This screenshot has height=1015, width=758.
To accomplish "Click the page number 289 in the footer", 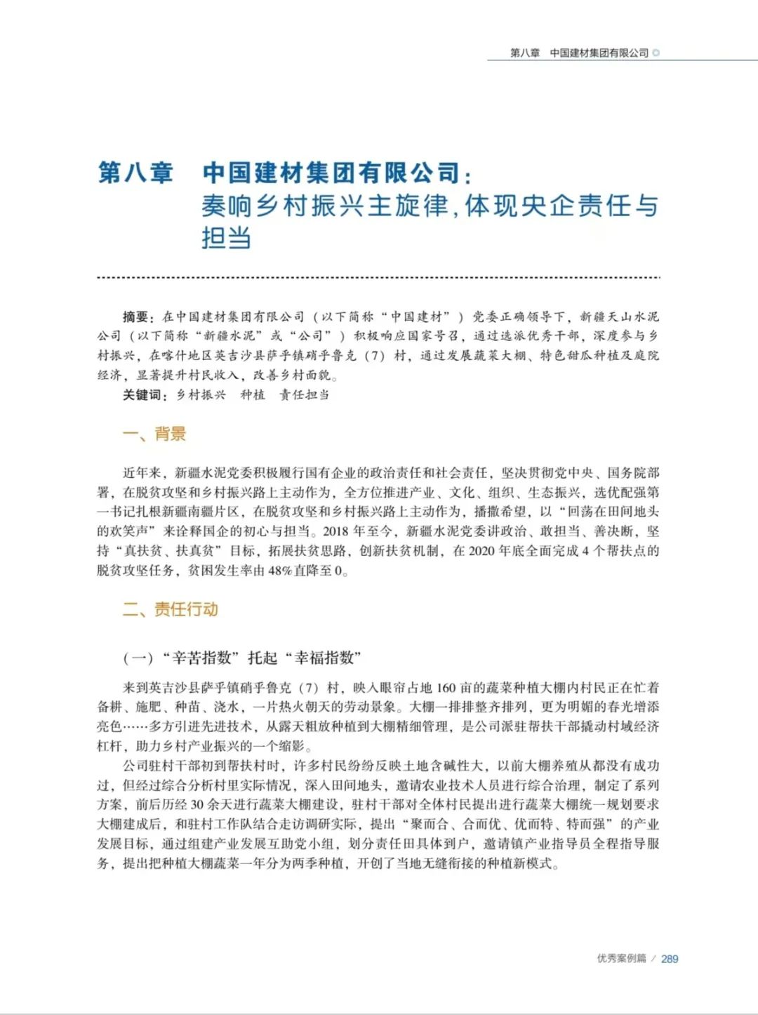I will pyautogui.click(x=670, y=959).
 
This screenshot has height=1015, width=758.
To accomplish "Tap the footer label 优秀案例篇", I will pyautogui.click(x=621, y=959).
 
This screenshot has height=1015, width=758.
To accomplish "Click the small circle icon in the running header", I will pyautogui.click(x=656, y=53).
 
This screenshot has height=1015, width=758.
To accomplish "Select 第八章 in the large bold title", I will pyautogui.click(x=135, y=173).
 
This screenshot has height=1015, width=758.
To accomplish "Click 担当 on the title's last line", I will pyautogui.click(x=226, y=238).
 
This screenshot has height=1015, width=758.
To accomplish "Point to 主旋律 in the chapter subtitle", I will pyautogui.click(x=408, y=206).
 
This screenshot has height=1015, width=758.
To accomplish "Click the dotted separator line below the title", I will pyautogui.click(x=379, y=278).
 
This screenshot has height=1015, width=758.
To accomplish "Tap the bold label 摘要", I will pyautogui.click(x=136, y=317).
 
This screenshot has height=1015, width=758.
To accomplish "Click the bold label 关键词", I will pyautogui.click(x=143, y=395).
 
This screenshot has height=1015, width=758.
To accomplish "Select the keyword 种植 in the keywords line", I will pyautogui.click(x=253, y=395).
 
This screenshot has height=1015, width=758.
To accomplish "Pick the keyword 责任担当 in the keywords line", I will pyautogui.click(x=304, y=395).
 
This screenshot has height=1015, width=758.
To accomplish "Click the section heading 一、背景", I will pyautogui.click(x=154, y=434).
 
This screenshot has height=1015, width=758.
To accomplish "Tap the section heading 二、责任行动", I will pyautogui.click(x=171, y=609).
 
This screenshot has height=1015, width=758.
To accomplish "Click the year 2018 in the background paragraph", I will pyautogui.click(x=336, y=531).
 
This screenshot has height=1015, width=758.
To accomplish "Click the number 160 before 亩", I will pyautogui.click(x=446, y=688).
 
